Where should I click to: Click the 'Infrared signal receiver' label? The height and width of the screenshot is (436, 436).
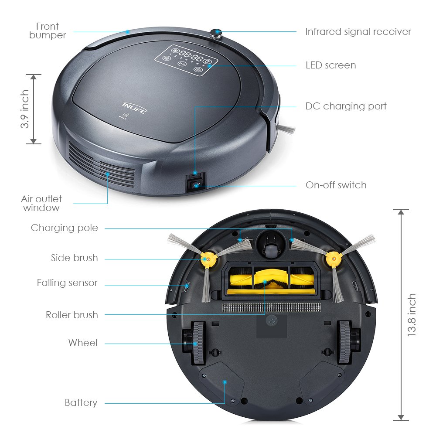click(x=358, y=32)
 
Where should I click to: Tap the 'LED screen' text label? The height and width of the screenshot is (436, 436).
click(x=330, y=65)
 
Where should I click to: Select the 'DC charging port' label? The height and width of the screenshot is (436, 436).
click(x=346, y=106)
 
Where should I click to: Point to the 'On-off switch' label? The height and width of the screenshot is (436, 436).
click(x=336, y=185)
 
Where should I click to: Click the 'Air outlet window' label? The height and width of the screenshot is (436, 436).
click(x=41, y=203)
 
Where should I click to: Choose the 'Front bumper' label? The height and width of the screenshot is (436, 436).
click(x=48, y=31)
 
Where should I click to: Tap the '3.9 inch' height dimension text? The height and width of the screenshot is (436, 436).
click(x=25, y=109)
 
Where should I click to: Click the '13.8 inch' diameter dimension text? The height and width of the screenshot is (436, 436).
click(x=412, y=315)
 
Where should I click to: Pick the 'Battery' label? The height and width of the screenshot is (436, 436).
click(x=81, y=402)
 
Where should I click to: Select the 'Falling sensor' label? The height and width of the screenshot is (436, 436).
click(x=67, y=283)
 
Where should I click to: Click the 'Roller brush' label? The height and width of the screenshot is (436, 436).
click(x=72, y=315)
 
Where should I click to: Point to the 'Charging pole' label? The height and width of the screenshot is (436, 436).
click(x=65, y=228)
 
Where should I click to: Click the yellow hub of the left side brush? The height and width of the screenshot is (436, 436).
click(x=206, y=259)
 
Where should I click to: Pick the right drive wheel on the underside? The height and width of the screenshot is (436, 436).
click(x=345, y=343)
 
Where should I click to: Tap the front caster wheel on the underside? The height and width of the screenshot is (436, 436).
click(x=269, y=247)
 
